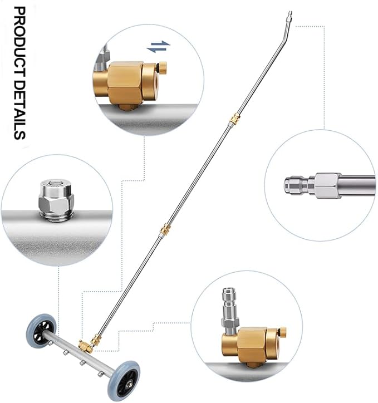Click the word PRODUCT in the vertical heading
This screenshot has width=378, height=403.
tap(20, 42)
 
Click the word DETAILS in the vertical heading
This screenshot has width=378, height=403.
tap(20, 110)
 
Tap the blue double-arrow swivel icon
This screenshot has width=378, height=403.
tap(158, 47)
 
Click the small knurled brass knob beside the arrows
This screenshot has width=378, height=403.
tap(162, 67)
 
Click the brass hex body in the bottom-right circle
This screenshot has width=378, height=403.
tap(252, 346)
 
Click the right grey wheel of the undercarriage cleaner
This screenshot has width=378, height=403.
tap(124, 381)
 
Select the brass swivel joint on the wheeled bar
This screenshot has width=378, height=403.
tap(86, 346)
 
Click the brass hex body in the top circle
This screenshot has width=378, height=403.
tap(125, 83)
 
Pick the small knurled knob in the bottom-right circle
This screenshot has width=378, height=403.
tap(282, 332)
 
